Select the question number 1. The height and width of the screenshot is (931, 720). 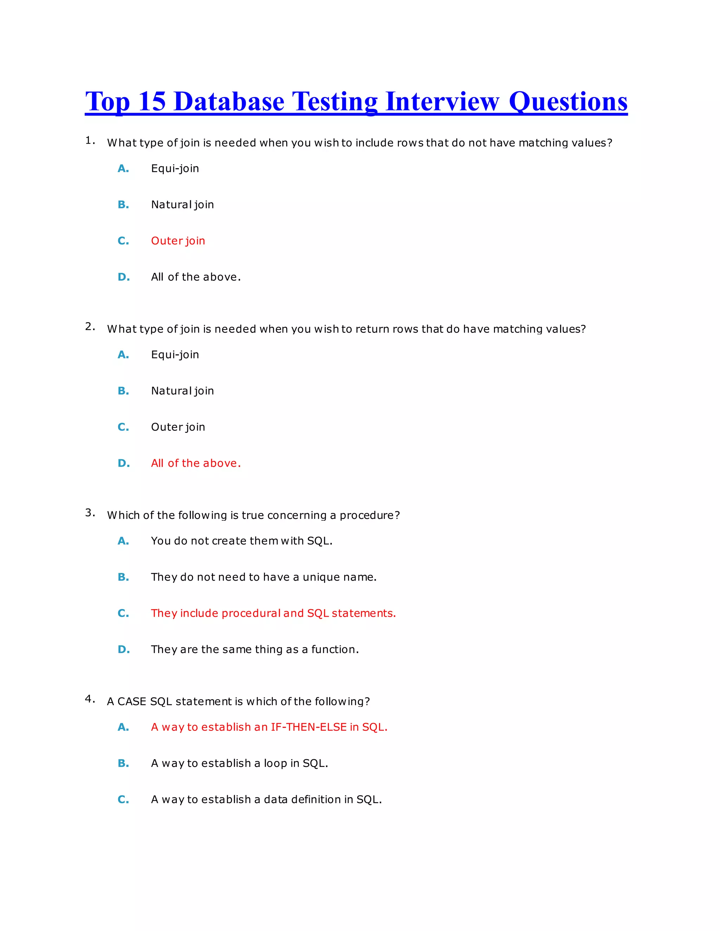90,141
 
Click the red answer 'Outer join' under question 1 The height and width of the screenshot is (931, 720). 178,241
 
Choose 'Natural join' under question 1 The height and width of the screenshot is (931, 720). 182,204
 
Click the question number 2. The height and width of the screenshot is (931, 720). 90,327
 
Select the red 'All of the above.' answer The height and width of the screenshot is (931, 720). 196,463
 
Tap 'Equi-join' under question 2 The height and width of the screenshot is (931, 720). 175,355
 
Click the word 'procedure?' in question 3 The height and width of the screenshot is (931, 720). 369,515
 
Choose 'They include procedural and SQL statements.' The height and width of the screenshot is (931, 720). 273,613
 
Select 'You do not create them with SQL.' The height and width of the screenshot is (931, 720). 242,541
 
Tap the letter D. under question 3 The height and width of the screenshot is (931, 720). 124,650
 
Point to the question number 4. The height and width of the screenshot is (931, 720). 90,699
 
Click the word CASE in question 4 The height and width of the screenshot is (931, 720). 131,702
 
